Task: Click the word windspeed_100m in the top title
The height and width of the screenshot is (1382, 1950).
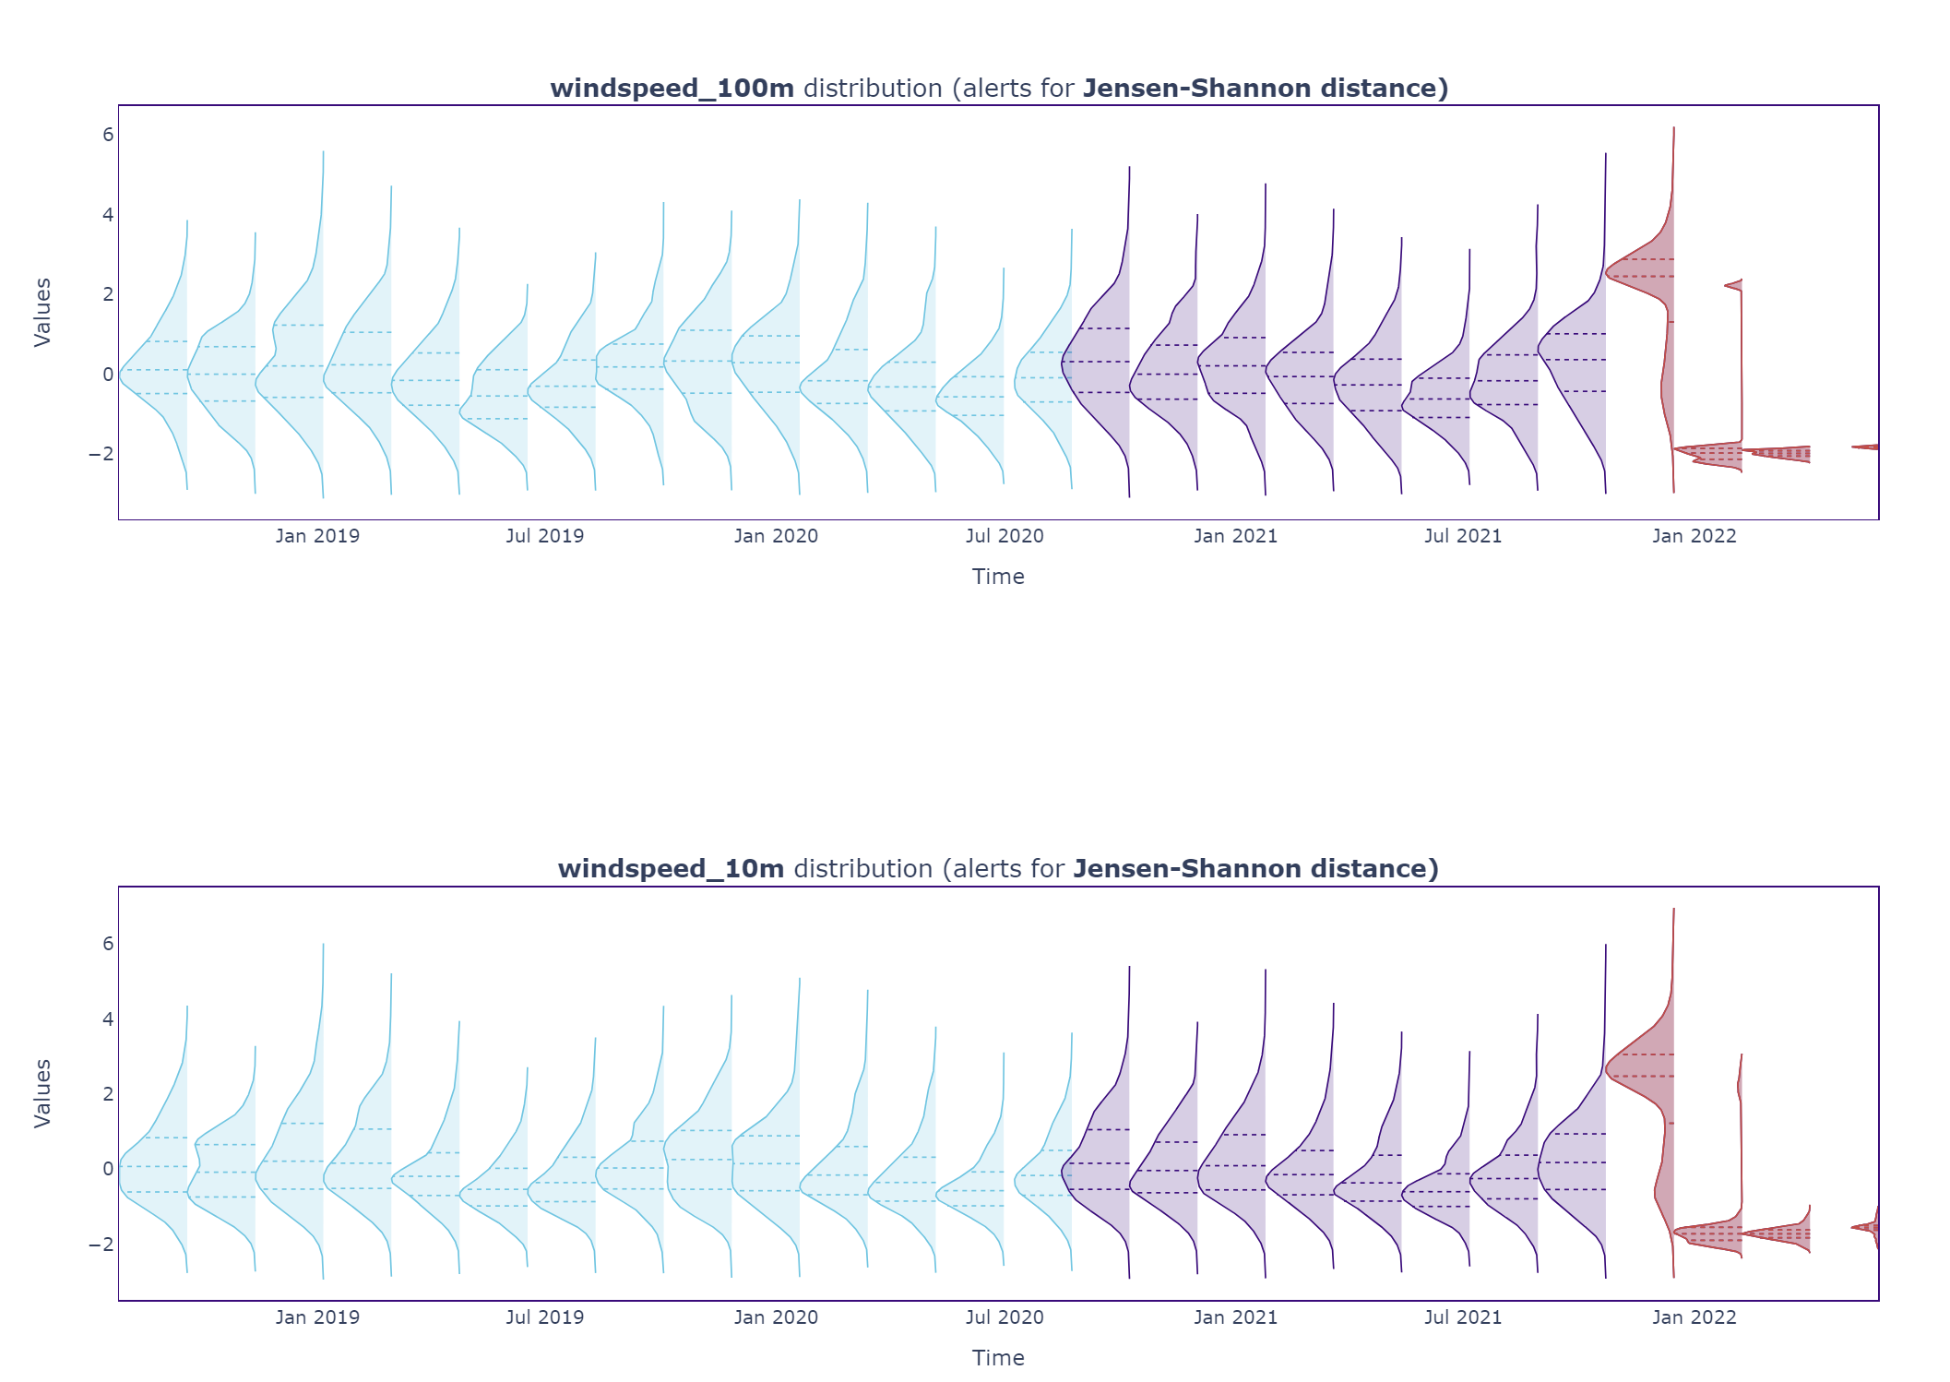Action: (x=672, y=89)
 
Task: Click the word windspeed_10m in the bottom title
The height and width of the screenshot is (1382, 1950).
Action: (x=671, y=869)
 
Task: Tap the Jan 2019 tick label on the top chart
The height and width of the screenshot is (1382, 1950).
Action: (x=317, y=536)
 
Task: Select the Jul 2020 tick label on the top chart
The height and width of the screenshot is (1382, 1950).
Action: (x=1005, y=536)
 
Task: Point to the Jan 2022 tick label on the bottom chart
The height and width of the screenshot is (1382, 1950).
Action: (x=1694, y=1317)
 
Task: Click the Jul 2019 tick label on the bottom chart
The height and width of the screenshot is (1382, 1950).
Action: (x=544, y=1317)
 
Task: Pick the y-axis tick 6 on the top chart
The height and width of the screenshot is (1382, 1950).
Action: (x=108, y=135)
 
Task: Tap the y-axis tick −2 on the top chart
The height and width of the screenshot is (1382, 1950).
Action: (x=101, y=454)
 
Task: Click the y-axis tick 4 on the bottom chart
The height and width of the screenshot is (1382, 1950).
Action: (x=108, y=1019)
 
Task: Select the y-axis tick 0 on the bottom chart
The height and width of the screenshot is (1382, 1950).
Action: (x=108, y=1169)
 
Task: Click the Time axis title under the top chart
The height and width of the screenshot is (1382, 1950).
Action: (x=998, y=577)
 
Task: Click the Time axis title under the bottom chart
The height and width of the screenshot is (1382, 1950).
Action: (x=998, y=1358)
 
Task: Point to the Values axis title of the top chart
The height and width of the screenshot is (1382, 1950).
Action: (x=42, y=312)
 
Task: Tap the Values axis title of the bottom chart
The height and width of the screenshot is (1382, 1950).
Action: (x=42, y=1093)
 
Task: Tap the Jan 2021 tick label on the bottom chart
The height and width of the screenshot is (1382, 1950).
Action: (x=1235, y=1317)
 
